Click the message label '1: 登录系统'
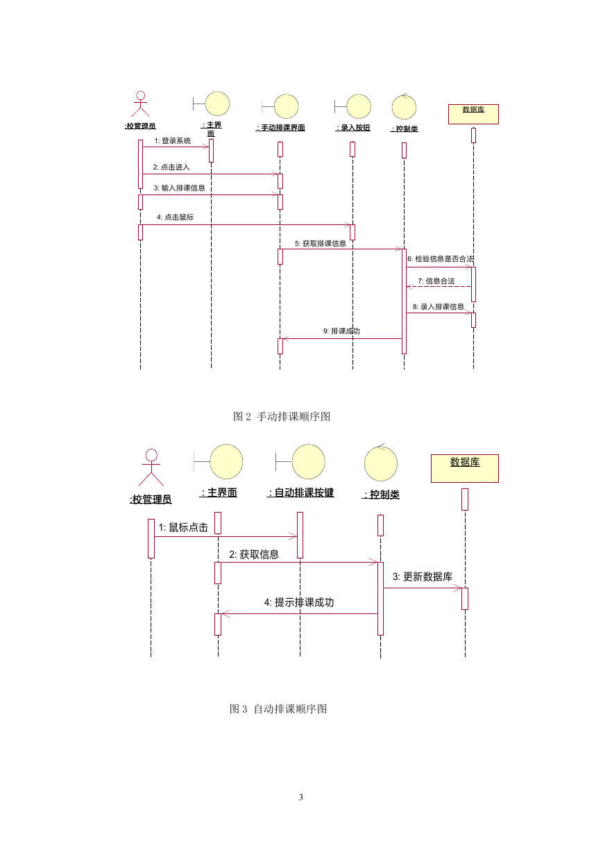click(172, 141)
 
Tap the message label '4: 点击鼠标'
click(175, 217)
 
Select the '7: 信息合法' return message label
click(436, 281)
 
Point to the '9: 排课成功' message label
click(341, 331)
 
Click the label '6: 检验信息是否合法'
click(441, 258)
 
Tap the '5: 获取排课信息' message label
click(321, 243)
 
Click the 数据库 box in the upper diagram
click(473, 114)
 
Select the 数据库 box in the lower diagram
click(464, 468)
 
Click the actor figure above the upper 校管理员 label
click(140, 104)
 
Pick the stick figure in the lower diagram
click(151, 467)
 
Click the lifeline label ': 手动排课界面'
click(280, 128)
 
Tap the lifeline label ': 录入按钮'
click(353, 128)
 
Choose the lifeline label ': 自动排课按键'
click(300, 492)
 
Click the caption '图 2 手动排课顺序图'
click(282, 416)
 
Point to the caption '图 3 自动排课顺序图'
click(278, 709)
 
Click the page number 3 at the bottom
click(301, 797)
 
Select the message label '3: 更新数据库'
click(423, 577)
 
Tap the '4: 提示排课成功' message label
click(299, 602)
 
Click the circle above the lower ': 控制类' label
click(381, 463)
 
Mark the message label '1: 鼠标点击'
click(183, 527)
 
